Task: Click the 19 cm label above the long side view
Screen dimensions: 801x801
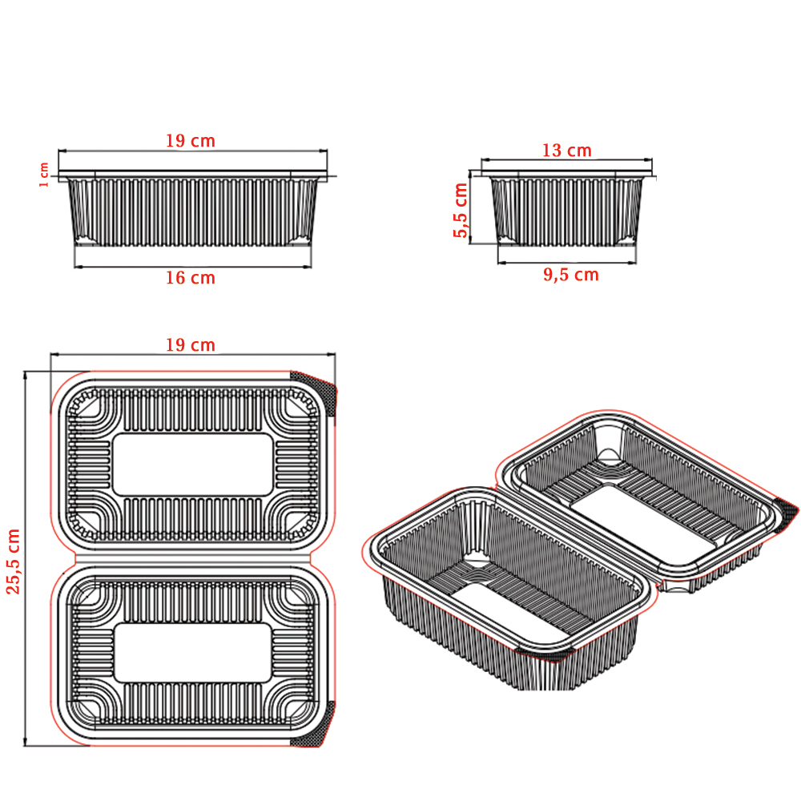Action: tap(190, 141)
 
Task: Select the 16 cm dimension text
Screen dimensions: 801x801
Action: tap(190, 278)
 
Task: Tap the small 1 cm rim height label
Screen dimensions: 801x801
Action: tap(44, 175)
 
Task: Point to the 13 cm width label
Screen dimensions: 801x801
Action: tap(566, 151)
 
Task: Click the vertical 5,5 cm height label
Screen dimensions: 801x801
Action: tap(461, 210)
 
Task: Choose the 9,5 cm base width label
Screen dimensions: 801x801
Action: tap(570, 275)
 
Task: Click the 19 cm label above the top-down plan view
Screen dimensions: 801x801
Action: tap(190, 345)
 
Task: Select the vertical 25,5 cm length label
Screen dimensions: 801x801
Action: tap(13, 562)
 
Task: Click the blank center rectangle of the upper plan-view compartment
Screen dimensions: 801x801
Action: tap(192, 465)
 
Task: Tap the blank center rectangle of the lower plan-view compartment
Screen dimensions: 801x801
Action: tap(192, 653)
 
